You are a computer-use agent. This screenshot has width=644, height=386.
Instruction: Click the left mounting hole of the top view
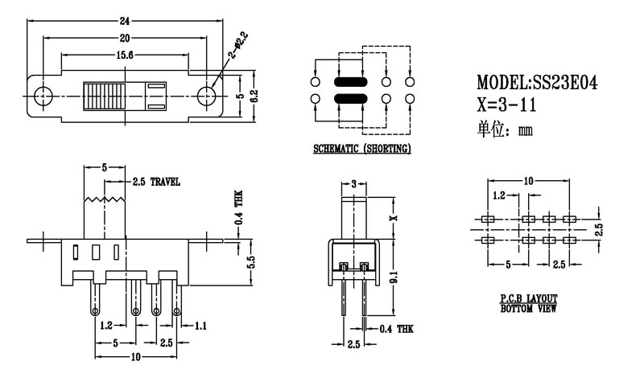tap(43, 94)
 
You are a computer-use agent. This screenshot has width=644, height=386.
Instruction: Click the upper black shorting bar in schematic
tap(350, 82)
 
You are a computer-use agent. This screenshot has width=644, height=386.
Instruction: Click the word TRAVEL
tap(163, 183)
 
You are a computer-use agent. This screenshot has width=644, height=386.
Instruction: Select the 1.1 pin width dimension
tap(200, 326)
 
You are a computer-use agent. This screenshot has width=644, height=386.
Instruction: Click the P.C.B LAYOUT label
tap(528, 298)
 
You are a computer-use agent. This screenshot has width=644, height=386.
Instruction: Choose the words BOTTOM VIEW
tap(528, 308)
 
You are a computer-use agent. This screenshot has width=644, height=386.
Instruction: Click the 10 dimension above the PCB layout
tap(528, 181)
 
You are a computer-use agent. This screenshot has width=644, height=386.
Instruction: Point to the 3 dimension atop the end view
tap(354, 184)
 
